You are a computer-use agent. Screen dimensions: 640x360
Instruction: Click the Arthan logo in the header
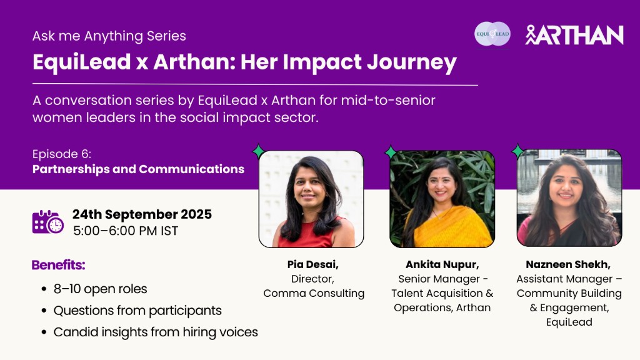click(574, 35)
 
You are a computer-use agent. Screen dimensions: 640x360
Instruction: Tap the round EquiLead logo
click(492, 34)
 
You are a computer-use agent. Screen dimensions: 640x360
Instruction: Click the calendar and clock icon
click(47, 222)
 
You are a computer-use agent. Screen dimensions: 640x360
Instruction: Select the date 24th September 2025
click(142, 214)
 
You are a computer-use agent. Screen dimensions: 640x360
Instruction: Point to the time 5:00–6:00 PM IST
click(126, 231)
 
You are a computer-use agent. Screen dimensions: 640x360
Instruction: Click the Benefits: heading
click(58, 265)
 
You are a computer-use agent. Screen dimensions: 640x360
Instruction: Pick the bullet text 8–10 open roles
click(101, 289)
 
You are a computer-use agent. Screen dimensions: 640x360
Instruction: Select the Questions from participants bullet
click(137, 311)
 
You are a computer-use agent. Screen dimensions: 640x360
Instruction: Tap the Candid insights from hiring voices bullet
click(156, 332)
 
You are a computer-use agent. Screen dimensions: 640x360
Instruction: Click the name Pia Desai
click(312, 264)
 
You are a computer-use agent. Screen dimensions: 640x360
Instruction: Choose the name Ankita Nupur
click(442, 264)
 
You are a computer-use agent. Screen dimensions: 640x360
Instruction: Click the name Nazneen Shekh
click(568, 264)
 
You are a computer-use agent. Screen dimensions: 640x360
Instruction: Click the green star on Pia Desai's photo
click(259, 151)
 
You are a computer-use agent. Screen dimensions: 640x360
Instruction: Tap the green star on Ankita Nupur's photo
click(391, 152)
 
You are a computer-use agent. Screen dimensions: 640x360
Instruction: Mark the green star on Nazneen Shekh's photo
click(517, 151)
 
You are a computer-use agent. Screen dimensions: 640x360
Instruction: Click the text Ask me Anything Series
click(109, 36)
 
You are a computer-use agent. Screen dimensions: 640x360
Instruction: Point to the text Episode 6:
click(62, 154)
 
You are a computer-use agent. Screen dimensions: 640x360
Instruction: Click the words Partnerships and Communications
click(138, 169)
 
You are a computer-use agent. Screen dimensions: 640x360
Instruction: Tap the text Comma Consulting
click(314, 293)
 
